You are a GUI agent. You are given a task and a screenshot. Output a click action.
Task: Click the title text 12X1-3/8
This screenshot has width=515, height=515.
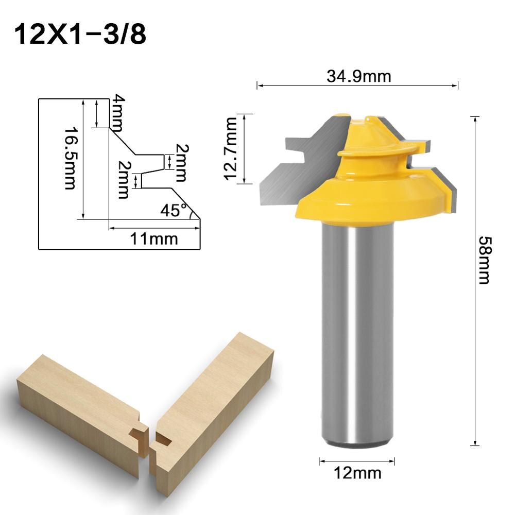[80, 35]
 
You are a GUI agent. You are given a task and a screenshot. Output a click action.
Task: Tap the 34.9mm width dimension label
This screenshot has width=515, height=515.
[358, 76]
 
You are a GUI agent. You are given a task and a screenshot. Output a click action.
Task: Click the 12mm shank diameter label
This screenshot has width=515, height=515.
[357, 472]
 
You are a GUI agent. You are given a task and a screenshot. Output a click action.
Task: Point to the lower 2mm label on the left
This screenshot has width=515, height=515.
[124, 180]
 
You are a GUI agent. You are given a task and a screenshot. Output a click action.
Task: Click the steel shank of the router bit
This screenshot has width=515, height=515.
[357, 335]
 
